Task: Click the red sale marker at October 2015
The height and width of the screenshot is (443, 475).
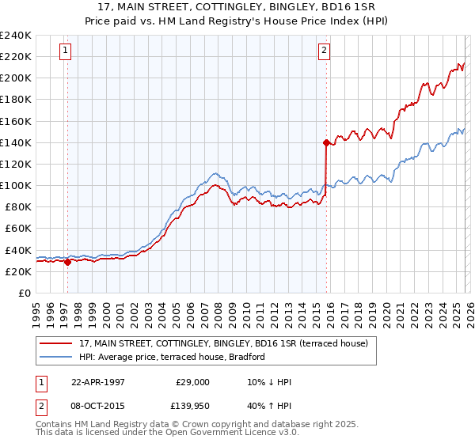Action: tap(326, 142)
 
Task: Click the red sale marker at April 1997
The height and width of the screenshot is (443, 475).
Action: tap(67, 262)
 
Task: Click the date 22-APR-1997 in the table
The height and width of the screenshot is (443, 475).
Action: tap(98, 382)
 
